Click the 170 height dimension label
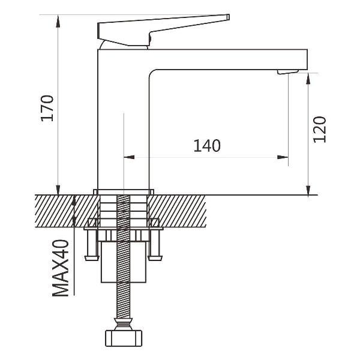tap(47, 108)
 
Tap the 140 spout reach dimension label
tap(207, 145)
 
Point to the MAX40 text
tap(61, 268)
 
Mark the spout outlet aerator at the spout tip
tap(287, 73)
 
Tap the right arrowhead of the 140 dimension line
tap(283, 158)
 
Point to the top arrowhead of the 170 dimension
tap(58, 20)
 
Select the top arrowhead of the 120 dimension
tap(308, 78)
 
